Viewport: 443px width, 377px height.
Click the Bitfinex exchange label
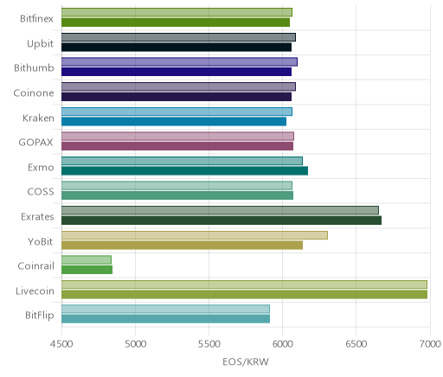(36, 19)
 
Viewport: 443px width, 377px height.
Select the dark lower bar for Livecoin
(244, 295)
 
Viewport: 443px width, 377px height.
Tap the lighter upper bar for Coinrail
(87, 259)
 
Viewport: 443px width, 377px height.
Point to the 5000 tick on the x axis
(136, 344)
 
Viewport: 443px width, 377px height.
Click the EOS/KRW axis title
(246, 361)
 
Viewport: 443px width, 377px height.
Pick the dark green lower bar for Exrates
(221, 220)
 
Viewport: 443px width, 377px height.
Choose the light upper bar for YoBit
(195, 235)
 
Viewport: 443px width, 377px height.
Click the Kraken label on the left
(38, 118)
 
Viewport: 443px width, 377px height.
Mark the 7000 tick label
(430, 344)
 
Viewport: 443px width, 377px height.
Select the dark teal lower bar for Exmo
(184, 171)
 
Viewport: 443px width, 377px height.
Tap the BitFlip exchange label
(40, 316)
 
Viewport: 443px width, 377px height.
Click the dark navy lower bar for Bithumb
(177, 72)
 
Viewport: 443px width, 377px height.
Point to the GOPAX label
(36, 143)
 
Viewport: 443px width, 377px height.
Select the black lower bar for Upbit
(177, 48)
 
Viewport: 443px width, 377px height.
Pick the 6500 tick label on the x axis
(356, 344)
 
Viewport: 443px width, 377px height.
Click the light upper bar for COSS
(177, 185)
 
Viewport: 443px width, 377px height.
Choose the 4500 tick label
(61, 344)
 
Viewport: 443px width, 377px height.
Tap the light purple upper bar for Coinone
(178, 86)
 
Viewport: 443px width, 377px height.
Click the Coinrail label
(35, 266)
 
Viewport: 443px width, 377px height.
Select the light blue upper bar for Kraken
(177, 112)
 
